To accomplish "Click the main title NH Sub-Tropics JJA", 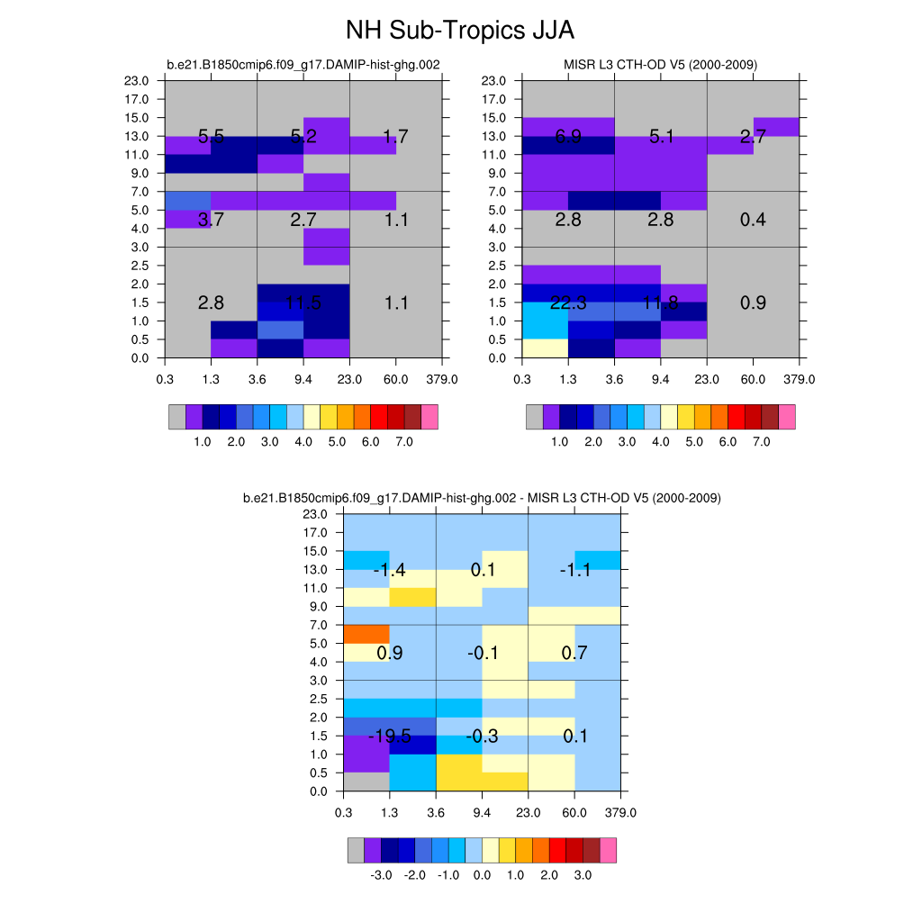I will [460, 31].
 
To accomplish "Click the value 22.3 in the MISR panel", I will [568, 303].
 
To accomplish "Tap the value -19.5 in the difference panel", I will [390, 737].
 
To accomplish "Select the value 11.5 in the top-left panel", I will [303, 303].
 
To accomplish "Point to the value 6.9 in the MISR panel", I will [568, 137].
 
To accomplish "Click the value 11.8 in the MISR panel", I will [661, 303].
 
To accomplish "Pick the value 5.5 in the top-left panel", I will [211, 137].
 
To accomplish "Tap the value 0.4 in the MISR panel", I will [753, 220].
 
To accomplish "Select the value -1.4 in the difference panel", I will [390, 570].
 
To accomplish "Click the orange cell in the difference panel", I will [366, 634].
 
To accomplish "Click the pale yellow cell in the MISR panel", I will [546, 348].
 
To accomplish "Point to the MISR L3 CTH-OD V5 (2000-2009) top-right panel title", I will [660, 65].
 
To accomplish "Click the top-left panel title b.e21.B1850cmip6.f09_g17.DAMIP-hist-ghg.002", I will [303, 65].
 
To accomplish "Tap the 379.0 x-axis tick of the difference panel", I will [621, 812].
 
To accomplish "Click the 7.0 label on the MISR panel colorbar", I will [762, 442].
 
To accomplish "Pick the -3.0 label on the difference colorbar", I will [381, 875].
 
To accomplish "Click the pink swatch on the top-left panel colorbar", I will [429, 417].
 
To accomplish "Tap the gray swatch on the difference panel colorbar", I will [356, 850].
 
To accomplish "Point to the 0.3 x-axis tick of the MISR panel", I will [522, 379].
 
